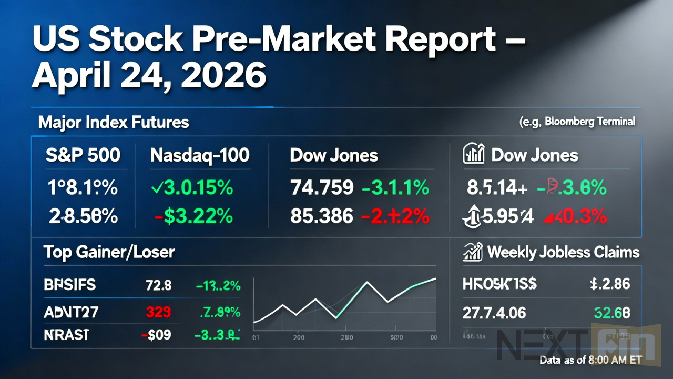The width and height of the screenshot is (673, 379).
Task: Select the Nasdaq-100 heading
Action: [x=200, y=155]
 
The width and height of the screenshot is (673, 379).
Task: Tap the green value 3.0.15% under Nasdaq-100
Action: [x=191, y=187]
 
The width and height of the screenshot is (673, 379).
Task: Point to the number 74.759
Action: [x=322, y=187]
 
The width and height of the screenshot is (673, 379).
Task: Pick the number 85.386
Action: [x=322, y=216]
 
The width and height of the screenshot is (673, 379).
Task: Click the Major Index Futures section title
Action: [x=114, y=123]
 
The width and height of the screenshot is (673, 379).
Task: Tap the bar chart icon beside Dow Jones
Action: [x=473, y=155]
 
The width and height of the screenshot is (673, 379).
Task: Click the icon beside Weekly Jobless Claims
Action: [x=473, y=252]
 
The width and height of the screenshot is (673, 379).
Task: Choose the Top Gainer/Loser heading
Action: [x=109, y=252]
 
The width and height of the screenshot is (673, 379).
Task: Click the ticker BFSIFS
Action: [x=70, y=285]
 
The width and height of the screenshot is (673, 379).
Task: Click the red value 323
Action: [x=158, y=312]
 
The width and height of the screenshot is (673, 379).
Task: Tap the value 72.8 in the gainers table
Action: [x=158, y=285]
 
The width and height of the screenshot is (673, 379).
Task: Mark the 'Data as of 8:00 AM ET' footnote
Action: [x=598, y=361]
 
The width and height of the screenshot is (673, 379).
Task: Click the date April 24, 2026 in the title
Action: [x=149, y=75]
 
